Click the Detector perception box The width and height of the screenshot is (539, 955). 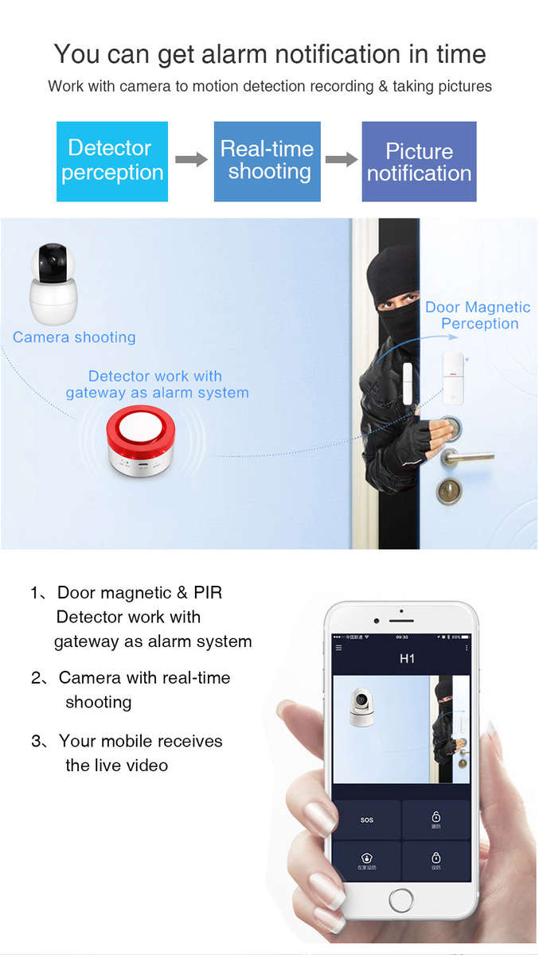pos(112,161)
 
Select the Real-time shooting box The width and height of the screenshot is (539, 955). pos(268,161)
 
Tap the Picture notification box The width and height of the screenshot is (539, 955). pos(419,162)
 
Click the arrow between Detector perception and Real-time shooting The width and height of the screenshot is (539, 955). pos(191,160)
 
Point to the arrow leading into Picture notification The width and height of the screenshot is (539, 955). pos(342,160)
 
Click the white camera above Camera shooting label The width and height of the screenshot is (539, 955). pos(53,283)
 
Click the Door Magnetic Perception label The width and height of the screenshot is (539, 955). pos(478,315)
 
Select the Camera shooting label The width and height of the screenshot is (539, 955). pos(74,337)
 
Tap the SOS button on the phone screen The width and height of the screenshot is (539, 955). pos(366,820)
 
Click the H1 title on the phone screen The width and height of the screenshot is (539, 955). pos(407,659)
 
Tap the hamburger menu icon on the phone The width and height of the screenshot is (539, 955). pos(338,648)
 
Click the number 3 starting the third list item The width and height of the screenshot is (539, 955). pos(36,742)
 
